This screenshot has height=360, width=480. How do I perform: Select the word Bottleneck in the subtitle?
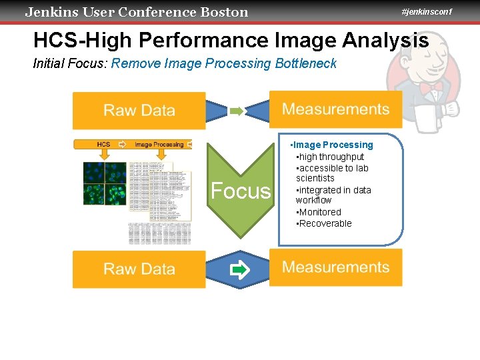(306, 64)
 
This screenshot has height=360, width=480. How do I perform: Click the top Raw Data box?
(139, 111)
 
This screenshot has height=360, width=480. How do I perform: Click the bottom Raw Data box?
(139, 269)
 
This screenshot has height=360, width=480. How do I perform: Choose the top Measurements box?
(335, 109)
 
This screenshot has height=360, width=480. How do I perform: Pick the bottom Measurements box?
(335, 267)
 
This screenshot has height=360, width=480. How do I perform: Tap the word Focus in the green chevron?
(241, 191)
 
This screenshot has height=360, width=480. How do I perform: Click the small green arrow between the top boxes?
(237, 111)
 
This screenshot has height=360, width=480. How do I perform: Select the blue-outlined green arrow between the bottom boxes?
(239, 270)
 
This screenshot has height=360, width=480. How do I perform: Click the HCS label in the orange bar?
(103, 144)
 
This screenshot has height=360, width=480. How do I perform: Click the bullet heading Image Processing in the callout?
(333, 145)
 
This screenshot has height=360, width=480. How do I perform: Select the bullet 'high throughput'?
(331, 157)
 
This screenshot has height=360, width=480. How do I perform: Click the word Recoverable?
(325, 223)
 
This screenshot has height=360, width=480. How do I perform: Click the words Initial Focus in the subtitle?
(70, 64)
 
